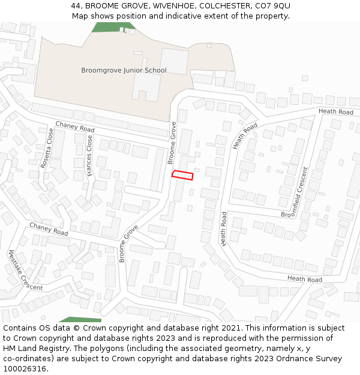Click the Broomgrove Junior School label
[124, 70]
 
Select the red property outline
[183, 175]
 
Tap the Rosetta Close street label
[47, 148]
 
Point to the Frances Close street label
[89, 155]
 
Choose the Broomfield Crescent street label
[299, 192]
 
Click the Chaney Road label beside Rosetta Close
[75, 127]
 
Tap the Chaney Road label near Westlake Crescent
[49, 228]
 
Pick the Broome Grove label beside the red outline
[172, 143]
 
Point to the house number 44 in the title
[76, 5]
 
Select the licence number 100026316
[26, 369]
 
